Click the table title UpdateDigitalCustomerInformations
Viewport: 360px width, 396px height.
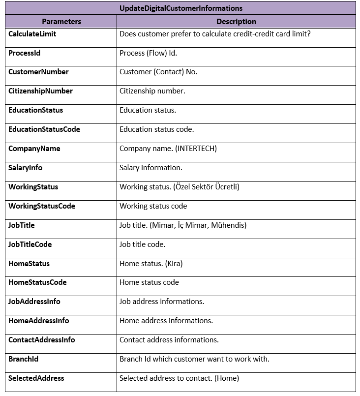tap(180, 8)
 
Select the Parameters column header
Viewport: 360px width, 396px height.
tap(61, 22)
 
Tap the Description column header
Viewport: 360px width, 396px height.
tap(236, 22)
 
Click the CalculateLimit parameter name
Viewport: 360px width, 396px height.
tap(32, 34)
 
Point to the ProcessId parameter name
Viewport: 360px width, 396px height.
tap(24, 53)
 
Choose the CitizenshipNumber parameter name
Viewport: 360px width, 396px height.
tap(40, 91)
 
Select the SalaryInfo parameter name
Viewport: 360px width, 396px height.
tap(25, 168)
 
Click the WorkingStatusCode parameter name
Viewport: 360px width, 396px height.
tap(42, 206)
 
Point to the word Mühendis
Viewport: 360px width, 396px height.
tap(229, 225)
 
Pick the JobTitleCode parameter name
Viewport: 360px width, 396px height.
tap(30, 244)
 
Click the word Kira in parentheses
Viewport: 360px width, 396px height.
tap(174, 264)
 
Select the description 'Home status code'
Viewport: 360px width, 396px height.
tap(149, 282)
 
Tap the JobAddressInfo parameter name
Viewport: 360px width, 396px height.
tap(34, 302)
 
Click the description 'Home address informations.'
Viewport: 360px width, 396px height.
tap(166, 321)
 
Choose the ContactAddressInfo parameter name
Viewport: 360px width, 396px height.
tap(42, 340)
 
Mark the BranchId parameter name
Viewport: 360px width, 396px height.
tap(23, 359)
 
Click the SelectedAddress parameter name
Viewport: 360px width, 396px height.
tap(36, 378)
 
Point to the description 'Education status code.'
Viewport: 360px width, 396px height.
tap(156, 129)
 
